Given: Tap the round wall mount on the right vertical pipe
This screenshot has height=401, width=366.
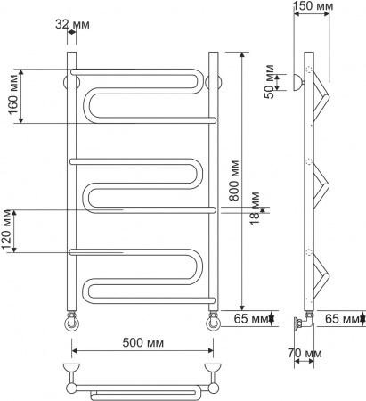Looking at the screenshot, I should (215, 83).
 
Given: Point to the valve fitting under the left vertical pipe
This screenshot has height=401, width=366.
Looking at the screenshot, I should (70, 319).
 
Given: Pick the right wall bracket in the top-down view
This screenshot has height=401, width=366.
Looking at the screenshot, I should (214, 368).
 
